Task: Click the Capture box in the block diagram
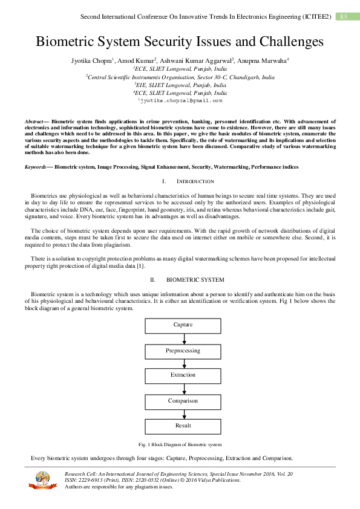tap(183, 325)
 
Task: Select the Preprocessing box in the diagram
tap(183, 351)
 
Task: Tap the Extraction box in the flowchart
tap(183, 375)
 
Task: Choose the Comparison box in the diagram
tap(183, 401)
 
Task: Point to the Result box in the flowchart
tap(183, 426)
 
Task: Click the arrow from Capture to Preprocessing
tap(183, 338)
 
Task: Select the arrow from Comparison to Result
tap(183, 413)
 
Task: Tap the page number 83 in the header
tap(343, 16)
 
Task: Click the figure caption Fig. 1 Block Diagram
tap(180, 445)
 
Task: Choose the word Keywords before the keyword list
tap(36, 166)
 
